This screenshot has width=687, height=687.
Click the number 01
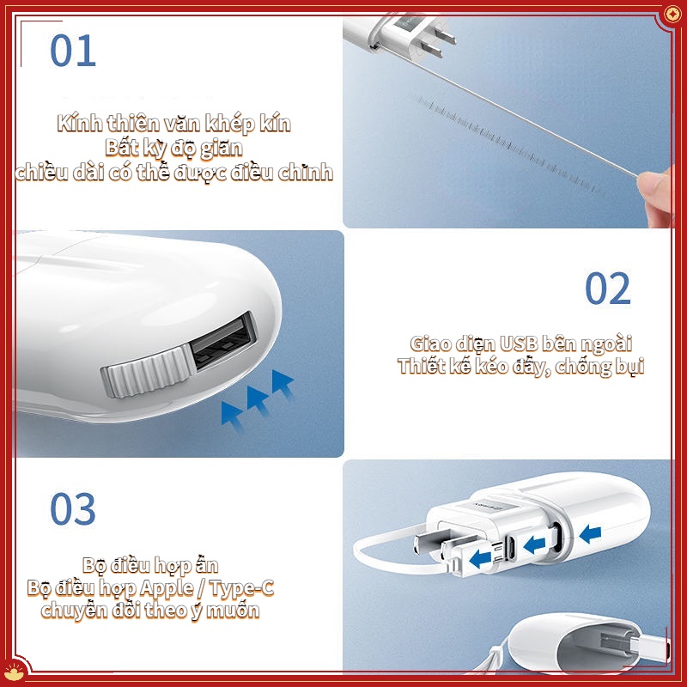73,51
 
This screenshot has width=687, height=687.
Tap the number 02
608,288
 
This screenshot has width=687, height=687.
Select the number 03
73,508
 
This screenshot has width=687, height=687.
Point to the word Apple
167,588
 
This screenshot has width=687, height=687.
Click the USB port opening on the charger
222,342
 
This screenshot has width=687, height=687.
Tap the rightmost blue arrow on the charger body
590,534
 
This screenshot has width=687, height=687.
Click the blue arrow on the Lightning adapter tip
480,559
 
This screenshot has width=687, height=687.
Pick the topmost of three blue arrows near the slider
283,382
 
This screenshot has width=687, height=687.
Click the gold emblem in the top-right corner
672,15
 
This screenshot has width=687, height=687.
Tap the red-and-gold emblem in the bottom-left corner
14,672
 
